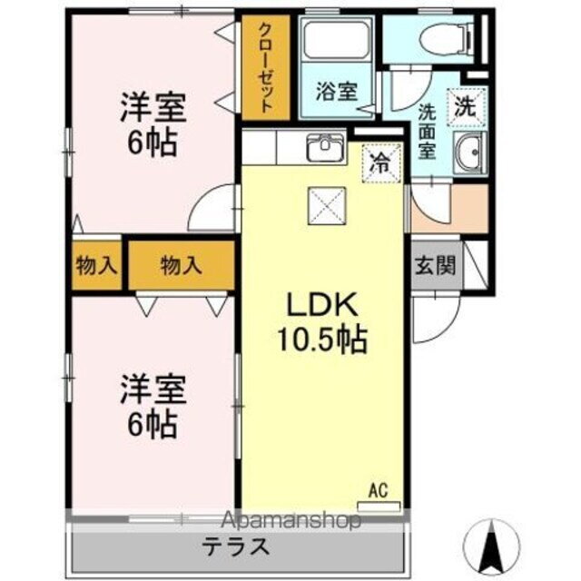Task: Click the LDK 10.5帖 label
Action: (x=321, y=323)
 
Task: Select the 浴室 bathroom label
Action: (x=336, y=91)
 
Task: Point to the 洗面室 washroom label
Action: (x=428, y=132)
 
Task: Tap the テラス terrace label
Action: (x=235, y=547)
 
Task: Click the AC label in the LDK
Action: (x=378, y=491)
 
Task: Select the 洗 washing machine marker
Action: (x=465, y=105)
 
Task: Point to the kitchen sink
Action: (x=323, y=147)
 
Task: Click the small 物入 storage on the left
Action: (x=96, y=266)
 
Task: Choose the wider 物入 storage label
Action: (x=181, y=265)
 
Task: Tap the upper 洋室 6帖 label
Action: (x=153, y=125)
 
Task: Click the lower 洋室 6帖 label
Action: (x=153, y=405)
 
